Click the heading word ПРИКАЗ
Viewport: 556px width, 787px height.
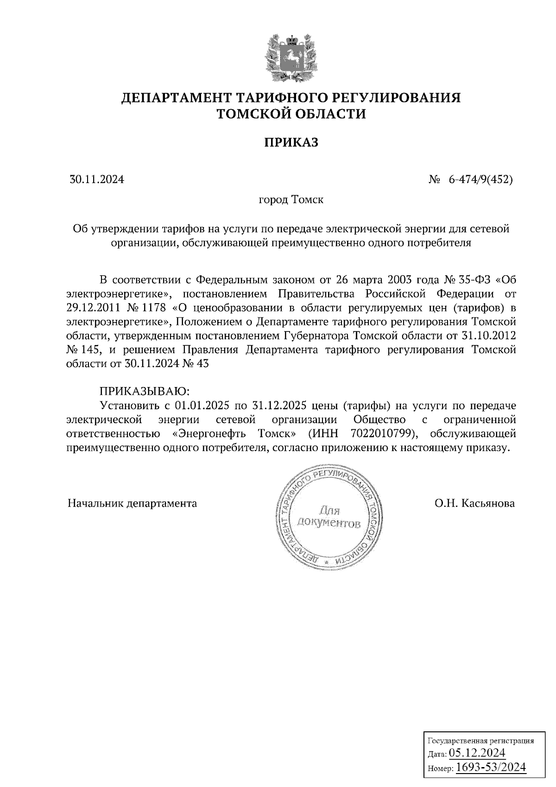pyautogui.click(x=291, y=142)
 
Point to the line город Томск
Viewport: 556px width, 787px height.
pyautogui.click(x=291, y=200)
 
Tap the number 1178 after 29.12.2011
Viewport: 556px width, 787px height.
pyautogui.click(x=155, y=308)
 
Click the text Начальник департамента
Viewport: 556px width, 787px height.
pyautogui.click(x=132, y=503)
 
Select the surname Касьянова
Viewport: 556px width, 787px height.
pyautogui.click(x=488, y=503)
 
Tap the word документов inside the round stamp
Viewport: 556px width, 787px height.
pyautogui.click(x=329, y=523)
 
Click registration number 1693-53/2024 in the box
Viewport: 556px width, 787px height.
pyautogui.click(x=491, y=768)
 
